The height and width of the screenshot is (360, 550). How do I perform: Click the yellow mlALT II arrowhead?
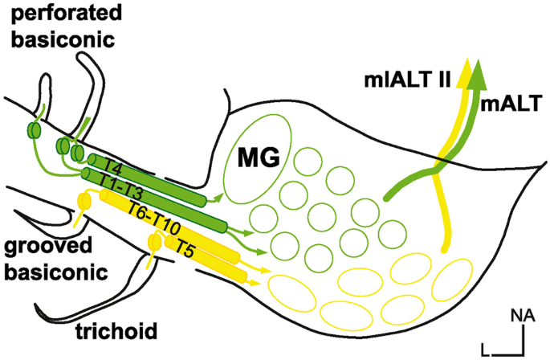tap(464, 73)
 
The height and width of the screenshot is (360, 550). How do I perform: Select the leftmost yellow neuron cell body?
tap(81, 200)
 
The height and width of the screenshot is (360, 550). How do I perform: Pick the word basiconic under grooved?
tap(53, 272)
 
